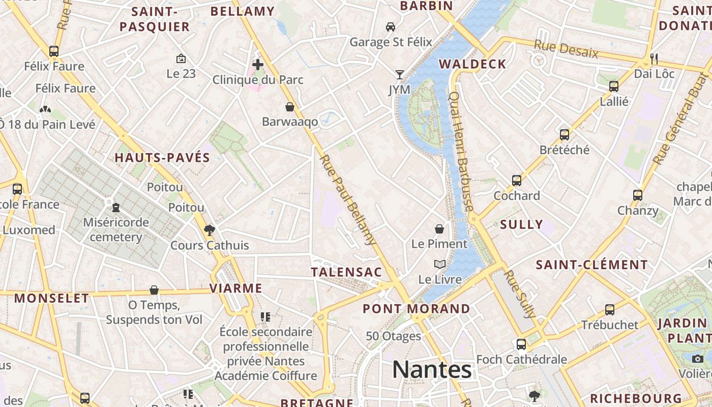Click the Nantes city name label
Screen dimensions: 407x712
[432, 370]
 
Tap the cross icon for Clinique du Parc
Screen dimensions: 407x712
[258, 65]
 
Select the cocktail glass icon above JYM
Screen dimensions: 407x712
[400, 75]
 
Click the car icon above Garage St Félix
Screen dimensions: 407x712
[391, 26]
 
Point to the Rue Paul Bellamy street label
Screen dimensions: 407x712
[348, 200]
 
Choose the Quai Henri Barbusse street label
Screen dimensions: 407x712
[461, 151]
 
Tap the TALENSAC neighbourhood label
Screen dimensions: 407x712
[346, 272]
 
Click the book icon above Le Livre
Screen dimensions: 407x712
[440, 265]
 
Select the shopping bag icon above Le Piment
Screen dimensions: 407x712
[439, 229]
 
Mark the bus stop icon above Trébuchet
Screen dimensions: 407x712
[609, 309]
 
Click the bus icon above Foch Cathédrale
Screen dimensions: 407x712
[521, 344]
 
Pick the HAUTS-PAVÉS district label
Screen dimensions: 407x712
[162, 158]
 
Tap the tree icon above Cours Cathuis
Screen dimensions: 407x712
[209, 230]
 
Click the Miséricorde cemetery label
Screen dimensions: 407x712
[116, 229]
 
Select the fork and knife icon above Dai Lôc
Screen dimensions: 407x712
[654, 59]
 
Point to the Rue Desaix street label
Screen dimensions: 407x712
[566, 49]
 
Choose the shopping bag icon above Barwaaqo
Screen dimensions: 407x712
[290, 107]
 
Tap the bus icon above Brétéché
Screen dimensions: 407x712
[565, 135]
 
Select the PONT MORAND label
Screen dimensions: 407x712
[417, 309]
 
